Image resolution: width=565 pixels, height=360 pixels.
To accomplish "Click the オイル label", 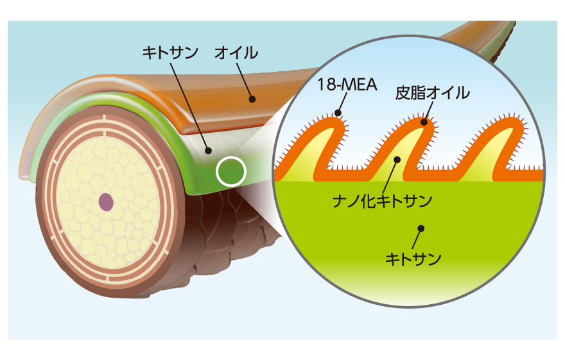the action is click(236, 53).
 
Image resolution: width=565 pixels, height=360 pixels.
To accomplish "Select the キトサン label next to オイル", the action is click(170, 53).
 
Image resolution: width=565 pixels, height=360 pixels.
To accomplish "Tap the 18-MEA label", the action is click(347, 85).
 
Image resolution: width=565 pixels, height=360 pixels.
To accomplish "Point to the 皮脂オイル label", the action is click(432, 93).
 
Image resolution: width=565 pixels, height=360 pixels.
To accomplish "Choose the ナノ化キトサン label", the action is click(382, 201).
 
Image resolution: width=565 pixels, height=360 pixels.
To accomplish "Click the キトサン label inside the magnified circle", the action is click(413, 259).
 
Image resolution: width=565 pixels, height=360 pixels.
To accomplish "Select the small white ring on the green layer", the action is click(231, 171).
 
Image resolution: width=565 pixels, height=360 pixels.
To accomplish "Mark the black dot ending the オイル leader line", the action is click(252, 99).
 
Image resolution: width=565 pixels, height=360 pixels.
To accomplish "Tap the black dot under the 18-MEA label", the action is click(338, 113).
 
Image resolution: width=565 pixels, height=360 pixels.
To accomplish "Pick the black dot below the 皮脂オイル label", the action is click(424, 122).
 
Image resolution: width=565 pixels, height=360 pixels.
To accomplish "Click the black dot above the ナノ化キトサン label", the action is click(397, 160).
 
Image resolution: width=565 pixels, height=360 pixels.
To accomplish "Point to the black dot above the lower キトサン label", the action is click(421, 228).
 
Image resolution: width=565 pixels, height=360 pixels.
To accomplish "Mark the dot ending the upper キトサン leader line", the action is click(208, 151).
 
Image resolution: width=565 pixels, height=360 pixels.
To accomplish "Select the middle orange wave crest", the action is click(422, 124).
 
